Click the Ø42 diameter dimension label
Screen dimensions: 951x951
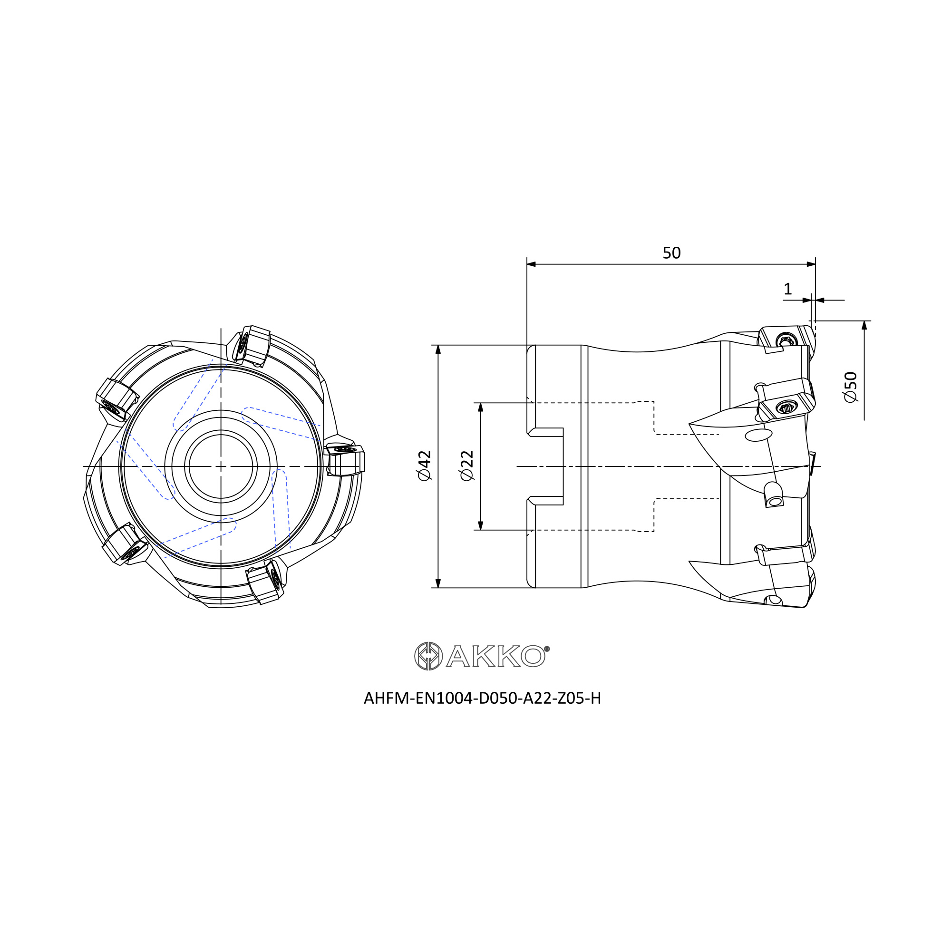(x=424, y=466)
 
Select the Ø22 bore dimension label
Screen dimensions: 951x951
(x=466, y=466)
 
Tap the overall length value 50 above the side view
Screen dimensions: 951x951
(x=671, y=253)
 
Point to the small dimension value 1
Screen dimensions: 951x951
(x=787, y=289)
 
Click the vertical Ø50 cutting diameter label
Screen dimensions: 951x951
(x=851, y=388)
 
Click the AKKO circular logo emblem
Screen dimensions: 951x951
(x=428, y=656)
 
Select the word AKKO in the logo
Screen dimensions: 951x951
(x=495, y=656)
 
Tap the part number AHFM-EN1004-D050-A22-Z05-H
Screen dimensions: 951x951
(x=482, y=699)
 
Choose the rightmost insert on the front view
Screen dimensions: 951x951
(x=346, y=460)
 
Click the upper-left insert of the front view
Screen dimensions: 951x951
(x=116, y=400)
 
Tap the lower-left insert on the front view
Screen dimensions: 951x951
(x=125, y=543)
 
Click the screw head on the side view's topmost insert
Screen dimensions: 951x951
(x=786, y=340)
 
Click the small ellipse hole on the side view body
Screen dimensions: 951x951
(x=758, y=435)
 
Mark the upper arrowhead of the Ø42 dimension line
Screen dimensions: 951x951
(x=438, y=349)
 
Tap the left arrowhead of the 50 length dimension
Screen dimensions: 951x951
(x=531, y=264)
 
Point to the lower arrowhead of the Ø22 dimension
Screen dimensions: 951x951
(x=480, y=525)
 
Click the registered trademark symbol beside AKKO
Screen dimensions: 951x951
(x=547, y=649)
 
